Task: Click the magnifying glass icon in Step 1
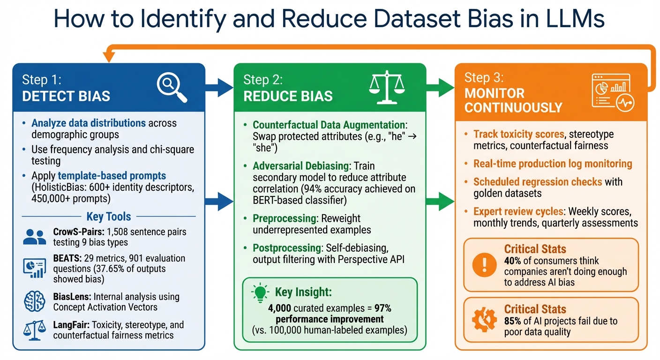[171, 87]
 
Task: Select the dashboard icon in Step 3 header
[612, 92]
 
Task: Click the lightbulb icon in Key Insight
[261, 292]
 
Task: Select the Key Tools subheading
[109, 216]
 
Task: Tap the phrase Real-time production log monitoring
[553, 164]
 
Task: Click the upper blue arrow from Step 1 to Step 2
[219, 86]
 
